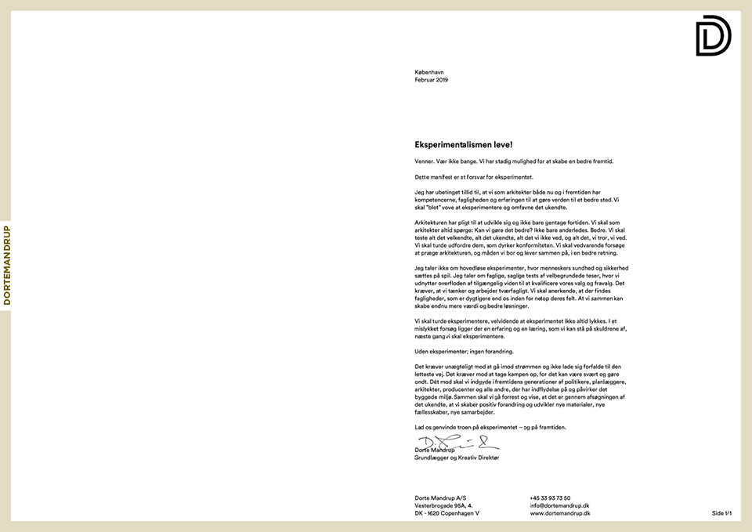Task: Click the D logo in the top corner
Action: pyautogui.click(x=713, y=36)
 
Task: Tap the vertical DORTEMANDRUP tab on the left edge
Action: pyautogui.click(x=6, y=266)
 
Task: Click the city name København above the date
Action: pyautogui.click(x=429, y=72)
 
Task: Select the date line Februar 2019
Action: pyautogui.click(x=432, y=80)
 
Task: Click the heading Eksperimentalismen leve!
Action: pyautogui.click(x=463, y=145)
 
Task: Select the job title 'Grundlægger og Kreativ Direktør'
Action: pyautogui.click(x=457, y=458)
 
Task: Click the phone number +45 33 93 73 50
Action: pyautogui.click(x=550, y=498)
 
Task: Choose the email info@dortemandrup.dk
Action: pyautogui.click(x=559, y=505)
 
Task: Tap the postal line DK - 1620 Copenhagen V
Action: pyautogui.click(x=447, y=513)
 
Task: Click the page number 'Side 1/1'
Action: pyautogui.click(x=721, y=513)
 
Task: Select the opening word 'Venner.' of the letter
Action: pyautogui.click(x=424, y=161)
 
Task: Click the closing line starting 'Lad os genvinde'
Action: pyautogui.click(x=490, y=427)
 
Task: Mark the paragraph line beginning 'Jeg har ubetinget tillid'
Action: pyautogui.click(x=517, y=192)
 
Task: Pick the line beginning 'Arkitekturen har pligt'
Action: pyautogui.click(x=517, y=223)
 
